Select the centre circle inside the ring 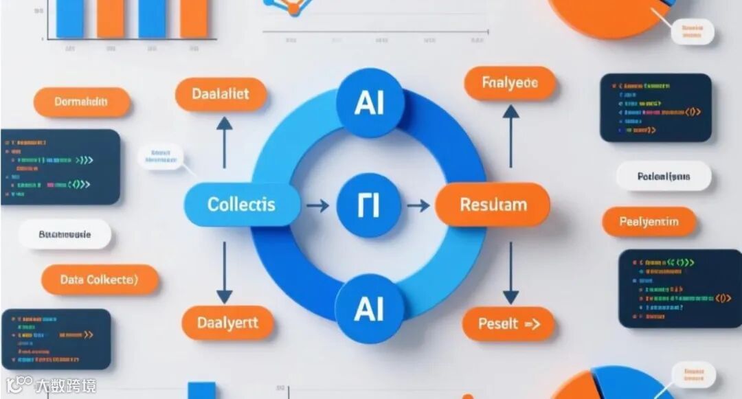tap(370, 205)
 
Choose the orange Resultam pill tap(493, 205)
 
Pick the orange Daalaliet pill tap(221, 94)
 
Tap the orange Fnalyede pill tap(510, 84)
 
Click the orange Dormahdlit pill tap(82, 102)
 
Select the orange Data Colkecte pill tap(100, 280)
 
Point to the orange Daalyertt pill tap(227, 323)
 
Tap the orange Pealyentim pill tap(649, 222)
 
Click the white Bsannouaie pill tap(65, 234)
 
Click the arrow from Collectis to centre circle tap(317, 205)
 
